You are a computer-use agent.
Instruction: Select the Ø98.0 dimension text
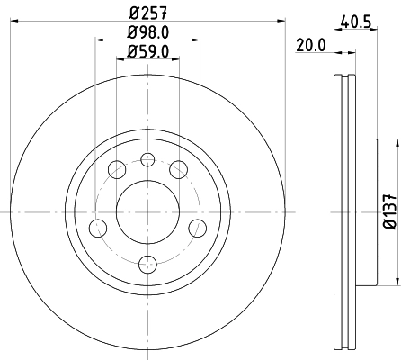(148, 34)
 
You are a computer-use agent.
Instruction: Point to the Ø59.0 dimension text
(148, 52)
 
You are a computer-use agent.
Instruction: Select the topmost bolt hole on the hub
(148, 160)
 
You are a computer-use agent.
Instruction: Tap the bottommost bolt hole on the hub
(148, 263)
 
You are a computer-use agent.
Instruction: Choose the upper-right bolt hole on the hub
(178, 169)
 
